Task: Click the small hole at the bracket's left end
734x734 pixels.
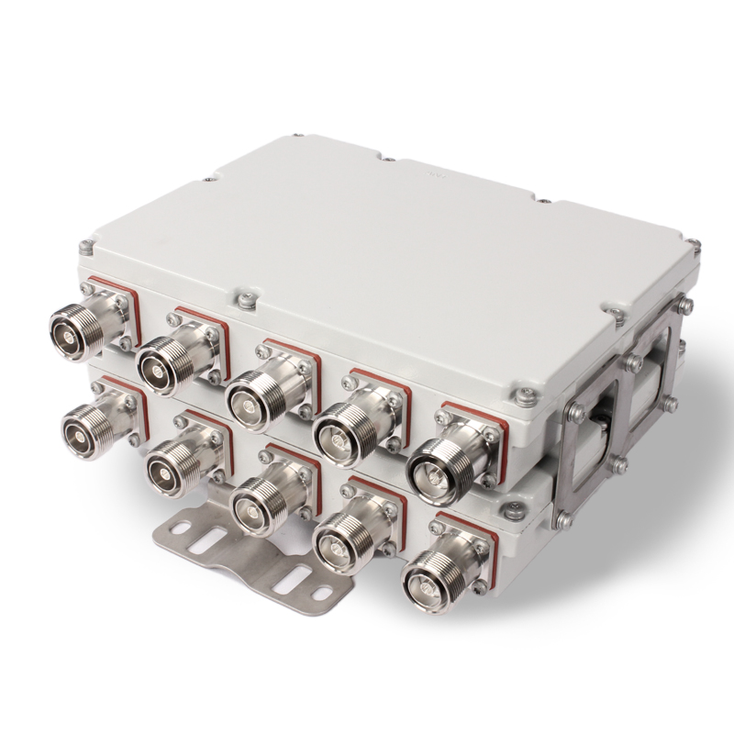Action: [173, 528]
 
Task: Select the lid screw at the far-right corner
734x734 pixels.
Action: [694, 245]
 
